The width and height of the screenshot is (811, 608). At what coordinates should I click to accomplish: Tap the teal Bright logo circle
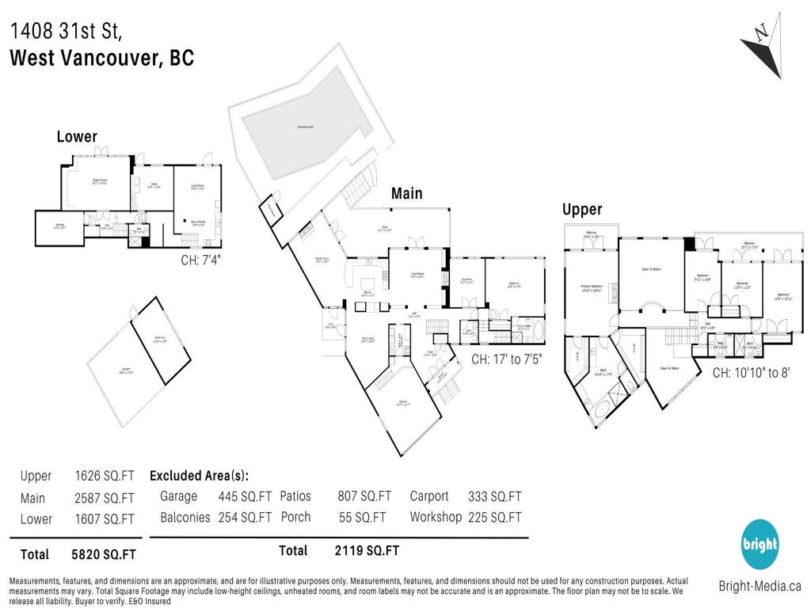tap(760, 545)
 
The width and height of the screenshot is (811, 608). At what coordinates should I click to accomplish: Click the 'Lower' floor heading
tap(77, 137)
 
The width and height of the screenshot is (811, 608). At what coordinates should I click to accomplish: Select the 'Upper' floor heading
tap(583, 210)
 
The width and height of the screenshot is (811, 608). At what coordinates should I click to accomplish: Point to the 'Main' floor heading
tap(406, 194)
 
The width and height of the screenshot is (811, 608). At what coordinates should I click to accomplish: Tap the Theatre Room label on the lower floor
tap(98, 183)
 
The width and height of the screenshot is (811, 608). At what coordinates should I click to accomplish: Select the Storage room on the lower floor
tap(49, 226)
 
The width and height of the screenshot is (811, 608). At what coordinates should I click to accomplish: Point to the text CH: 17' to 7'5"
tap(507, 359)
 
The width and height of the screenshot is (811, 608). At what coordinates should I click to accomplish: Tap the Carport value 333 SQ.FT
tap(495, 496)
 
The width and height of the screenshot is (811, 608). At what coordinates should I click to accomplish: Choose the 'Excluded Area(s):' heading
tap(199, 476)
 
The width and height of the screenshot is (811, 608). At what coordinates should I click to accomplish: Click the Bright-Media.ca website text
tap(760, 587)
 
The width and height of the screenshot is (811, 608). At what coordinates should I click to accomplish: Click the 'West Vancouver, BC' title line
tap(101, 59)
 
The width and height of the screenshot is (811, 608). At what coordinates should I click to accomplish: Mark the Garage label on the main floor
tap(403, 403)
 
